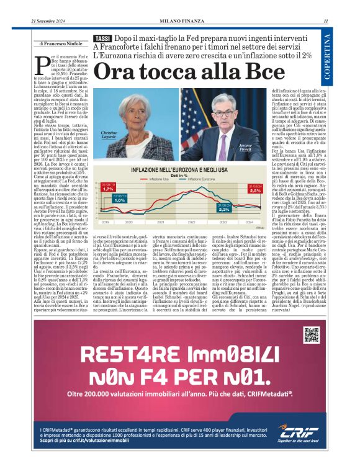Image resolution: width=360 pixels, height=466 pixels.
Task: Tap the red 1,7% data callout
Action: pos(109,188)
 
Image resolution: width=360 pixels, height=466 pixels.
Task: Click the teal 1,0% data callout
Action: pos(120,199)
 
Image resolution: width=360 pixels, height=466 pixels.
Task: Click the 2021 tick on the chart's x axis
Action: pos(160,239)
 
